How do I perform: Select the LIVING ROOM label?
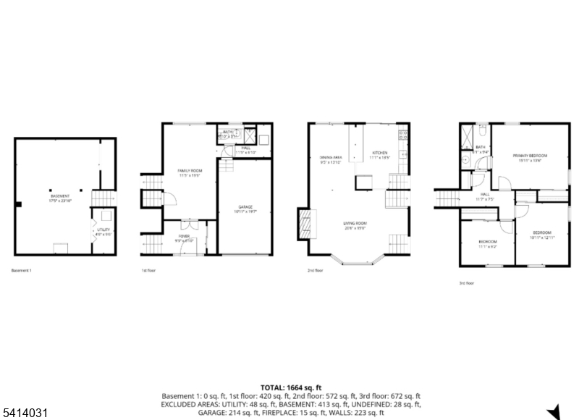tap(355, 224)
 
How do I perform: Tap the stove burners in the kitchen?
tap(404, 135)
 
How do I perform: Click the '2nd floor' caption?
tap(316, 271)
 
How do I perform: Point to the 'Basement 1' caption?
tap(22, 271)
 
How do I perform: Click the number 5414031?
tap(25, 412)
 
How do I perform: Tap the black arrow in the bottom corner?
tap(554, 411)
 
